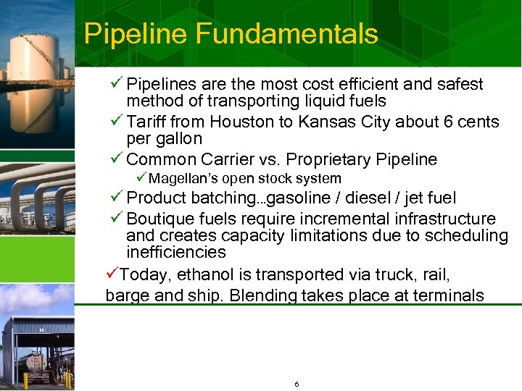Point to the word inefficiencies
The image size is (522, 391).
(176, 253)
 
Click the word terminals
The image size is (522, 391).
(448, 295)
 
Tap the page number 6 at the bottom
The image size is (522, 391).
(297, 384)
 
